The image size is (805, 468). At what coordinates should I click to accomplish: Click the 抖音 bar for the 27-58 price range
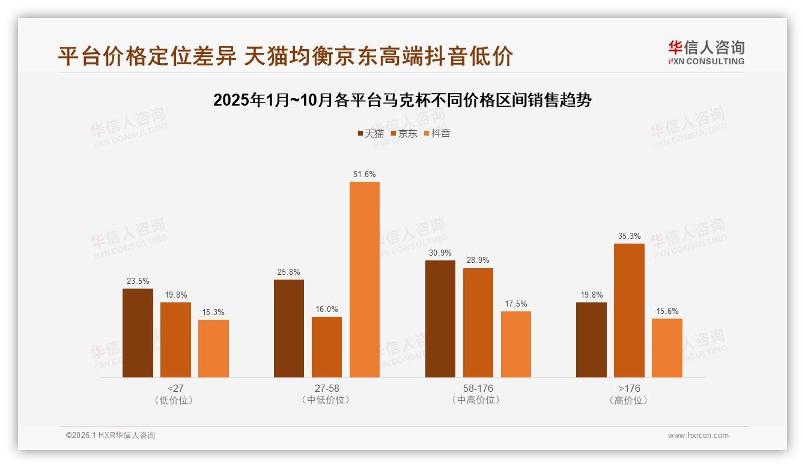pyautogui.click(x=365, y=280)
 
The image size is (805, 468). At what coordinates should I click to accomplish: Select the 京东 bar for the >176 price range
pyautogui.click(x=629, y=310)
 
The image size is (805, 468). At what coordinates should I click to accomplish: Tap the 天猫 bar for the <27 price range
pyautogui.click(x=138, y=333)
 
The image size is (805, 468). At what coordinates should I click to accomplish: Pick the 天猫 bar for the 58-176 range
pyautogui.click(x=440, y=319)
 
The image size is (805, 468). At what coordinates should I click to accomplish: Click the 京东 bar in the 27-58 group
pyautogui.click(x=327, y=347)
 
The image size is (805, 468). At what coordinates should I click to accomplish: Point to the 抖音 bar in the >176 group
pyautogui.click(x=667, y=348)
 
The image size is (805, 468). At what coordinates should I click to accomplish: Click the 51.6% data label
pyautogui.click(x=365, y=175)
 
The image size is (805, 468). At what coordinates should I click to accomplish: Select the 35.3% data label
pyautogui.click(x=629, y=236)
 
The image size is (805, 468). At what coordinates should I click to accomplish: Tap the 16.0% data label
pyautogui.click(x=327, y=310)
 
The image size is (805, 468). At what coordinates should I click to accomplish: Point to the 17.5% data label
pyautogui.click(x=515, y=304)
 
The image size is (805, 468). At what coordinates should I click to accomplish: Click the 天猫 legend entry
pyautogui.click(x=371, y=134)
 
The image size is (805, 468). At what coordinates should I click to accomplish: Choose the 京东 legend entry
pyautogui.click(x=404, y=134)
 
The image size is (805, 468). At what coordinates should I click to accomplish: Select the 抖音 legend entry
pyautogui.click(x=437, y=134)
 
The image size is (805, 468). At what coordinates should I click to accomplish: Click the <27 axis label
pyautogui.click(x=175, y=388)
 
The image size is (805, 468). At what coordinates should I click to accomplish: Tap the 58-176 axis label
pyautogui.click(x=478, y=388)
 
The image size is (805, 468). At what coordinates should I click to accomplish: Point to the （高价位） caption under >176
pyautogui.click(x=629, y=400)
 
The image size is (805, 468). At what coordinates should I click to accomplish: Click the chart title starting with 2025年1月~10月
pyautogui.click(x=402, y=100)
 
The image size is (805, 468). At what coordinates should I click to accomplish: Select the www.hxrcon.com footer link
pyautogui.click(x=698, y=436)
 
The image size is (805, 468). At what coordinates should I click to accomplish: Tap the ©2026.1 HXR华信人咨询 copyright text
pyautogui.click(x=111, y=436)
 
